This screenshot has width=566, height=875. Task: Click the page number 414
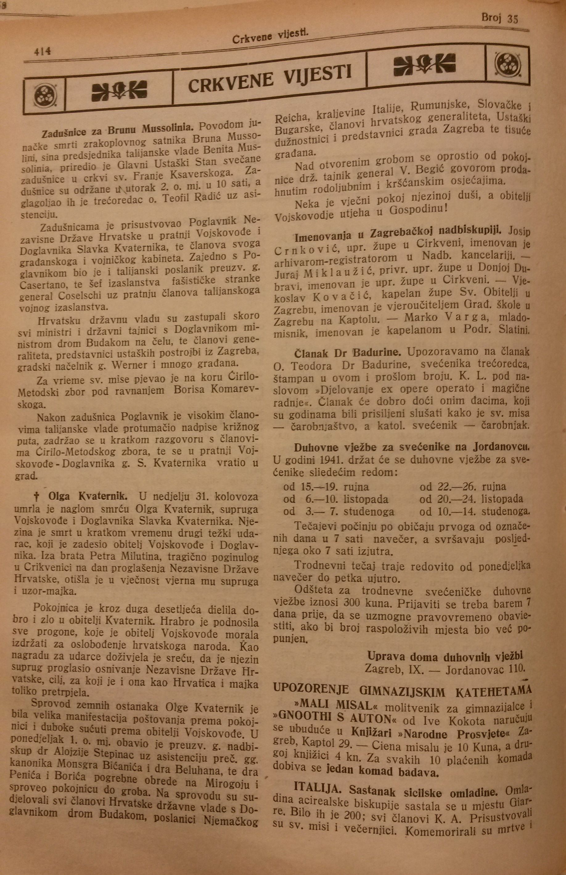[x=43, y=52]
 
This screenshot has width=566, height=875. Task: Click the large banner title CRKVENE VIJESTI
[x=270, y=78]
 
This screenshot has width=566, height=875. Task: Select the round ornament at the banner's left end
[x=45, y=97]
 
